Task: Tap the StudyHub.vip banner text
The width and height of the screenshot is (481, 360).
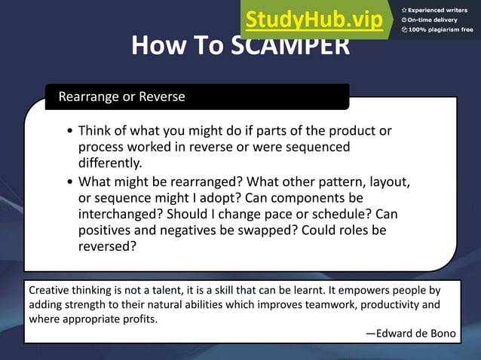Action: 314,20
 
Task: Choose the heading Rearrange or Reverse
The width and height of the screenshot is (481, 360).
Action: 121,97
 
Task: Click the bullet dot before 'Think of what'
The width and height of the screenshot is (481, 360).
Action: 70,131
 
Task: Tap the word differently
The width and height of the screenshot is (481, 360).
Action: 110,163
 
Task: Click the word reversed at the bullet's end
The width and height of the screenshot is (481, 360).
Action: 107,246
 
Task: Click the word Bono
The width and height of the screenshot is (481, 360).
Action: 443,334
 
